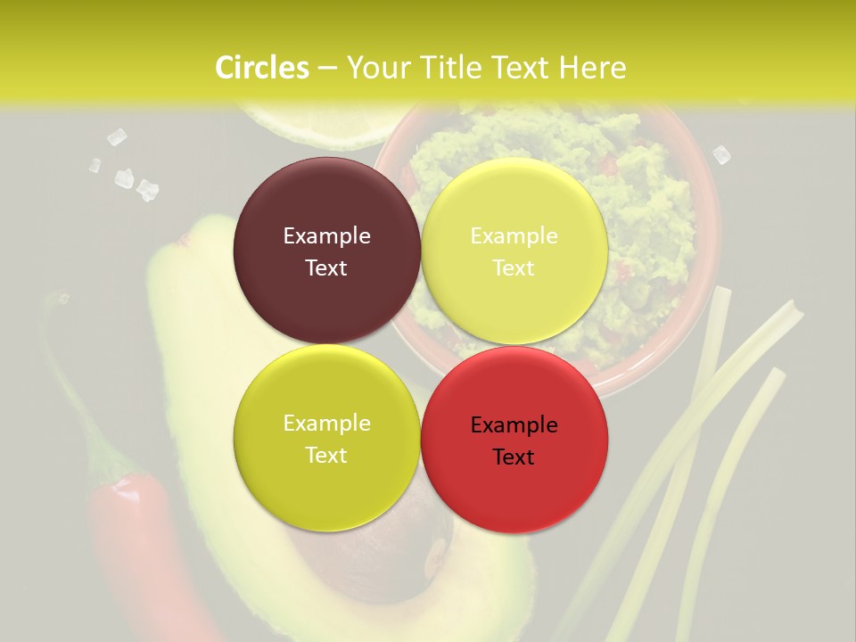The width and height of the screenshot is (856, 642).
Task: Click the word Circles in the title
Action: (261, 68)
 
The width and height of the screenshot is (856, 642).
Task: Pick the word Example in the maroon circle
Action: (326, 236)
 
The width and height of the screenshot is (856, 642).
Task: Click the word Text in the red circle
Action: (514, 457)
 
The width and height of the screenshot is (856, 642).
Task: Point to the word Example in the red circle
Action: (514, 425)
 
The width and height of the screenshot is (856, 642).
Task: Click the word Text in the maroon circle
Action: (326, 268)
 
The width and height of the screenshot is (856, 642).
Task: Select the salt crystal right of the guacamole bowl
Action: (721, 155)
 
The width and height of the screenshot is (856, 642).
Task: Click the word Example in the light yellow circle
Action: (514, 236)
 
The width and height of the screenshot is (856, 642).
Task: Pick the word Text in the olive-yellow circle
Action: (326, 456)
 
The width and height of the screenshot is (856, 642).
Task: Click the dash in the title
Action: (327, 69)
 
